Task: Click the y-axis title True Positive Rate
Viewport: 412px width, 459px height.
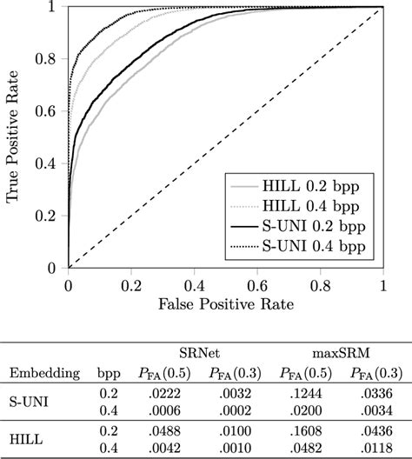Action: click(x=15, y=137)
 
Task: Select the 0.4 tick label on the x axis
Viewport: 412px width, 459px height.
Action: click(x=194, y=284)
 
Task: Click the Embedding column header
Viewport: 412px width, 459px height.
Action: click(x=39, y=373)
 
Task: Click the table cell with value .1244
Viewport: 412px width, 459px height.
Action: click(x=309, y=395)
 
